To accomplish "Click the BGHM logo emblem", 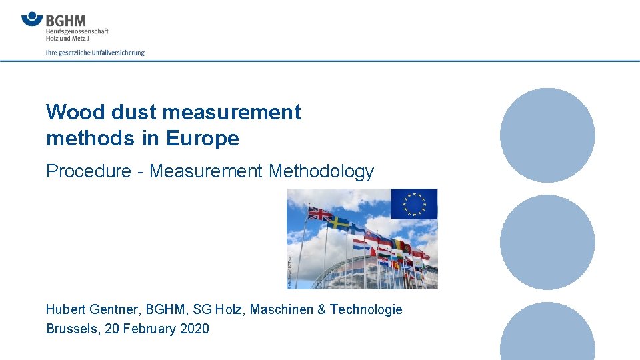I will tap(32, 19).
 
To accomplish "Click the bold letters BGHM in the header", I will tap(66, 21).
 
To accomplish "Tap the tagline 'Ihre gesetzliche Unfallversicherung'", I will tap(95, 52).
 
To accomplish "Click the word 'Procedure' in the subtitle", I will tap(89, 171).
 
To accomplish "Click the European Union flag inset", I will tap(414, 203).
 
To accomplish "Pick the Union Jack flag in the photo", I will tap(319, 214).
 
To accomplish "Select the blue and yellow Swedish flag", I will tap(339, 222).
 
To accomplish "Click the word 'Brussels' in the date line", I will tap(70, 329).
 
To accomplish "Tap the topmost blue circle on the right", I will tap(547, 135).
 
